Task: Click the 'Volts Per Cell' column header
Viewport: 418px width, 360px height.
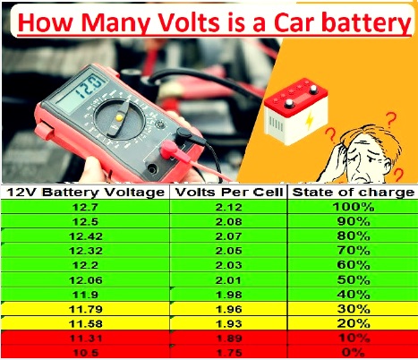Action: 227,193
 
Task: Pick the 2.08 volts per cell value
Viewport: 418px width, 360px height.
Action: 227,221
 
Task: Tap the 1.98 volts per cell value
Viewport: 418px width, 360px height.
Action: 227,293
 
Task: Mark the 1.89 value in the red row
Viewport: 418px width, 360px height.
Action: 227,338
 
